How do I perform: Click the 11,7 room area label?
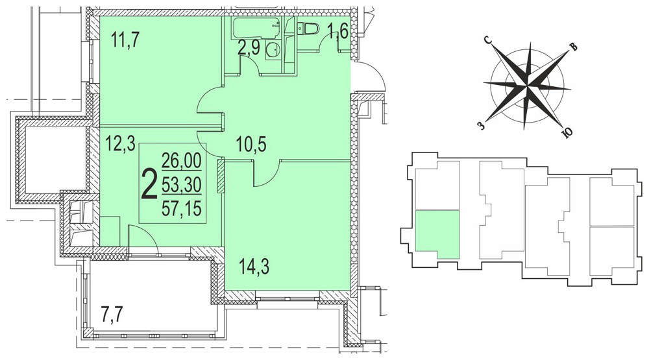[x=126, y=41]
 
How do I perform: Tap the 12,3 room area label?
[x=119, y=145]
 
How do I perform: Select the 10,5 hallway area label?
[x=251, y=145]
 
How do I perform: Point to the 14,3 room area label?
[x=254, y=267]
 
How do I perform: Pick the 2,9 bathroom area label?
[x=249, y=49]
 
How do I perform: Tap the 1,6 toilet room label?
[x=339, y=31]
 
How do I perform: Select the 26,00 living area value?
[x=181, y=160]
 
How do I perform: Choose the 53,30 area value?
[x=181, y=184]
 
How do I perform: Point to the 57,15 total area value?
[x=181, y=208]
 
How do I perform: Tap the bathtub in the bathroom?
[x=257, y=28]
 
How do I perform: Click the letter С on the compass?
[x=488, y=41]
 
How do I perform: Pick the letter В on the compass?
[x=573, y=47]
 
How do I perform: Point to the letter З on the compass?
[x=480, y=125]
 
